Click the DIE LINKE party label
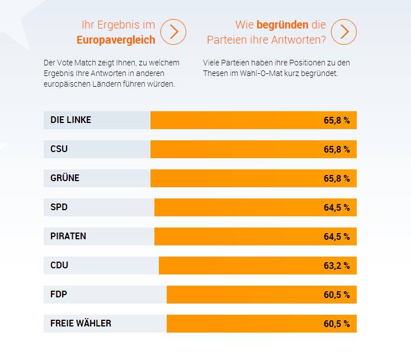(70, 120)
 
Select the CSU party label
(59, 149)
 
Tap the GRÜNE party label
(65, 178)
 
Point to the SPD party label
(59, 207)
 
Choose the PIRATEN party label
(68, 236)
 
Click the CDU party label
(59, 266)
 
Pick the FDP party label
(59, 295)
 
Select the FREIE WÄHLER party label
(81, 324)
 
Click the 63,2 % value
(337, 266)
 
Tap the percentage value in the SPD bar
(337, 207)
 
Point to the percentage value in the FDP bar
(337, 295)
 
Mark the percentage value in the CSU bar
(337, 149)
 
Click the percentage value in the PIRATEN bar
(337, 236)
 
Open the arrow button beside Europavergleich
(174, 32)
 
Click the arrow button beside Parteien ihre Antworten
(344, 32)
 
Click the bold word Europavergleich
(116, 40)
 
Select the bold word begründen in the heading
(282, 25)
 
